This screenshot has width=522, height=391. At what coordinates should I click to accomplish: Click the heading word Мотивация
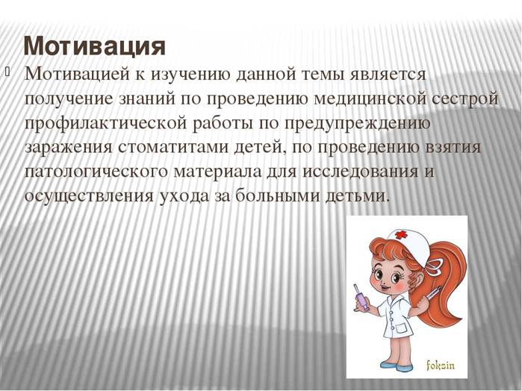coord(95,46)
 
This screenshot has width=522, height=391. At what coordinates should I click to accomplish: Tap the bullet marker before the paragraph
coord(7,71)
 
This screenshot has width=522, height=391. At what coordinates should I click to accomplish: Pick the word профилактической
coord(105,124)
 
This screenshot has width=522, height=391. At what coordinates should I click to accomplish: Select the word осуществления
coord(89,196)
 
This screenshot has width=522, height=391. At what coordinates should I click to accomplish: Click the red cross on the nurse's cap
coord(401,235)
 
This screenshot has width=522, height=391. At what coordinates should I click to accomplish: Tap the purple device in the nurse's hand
coord(361,298)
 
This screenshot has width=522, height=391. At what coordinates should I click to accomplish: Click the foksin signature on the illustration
coord(441,366)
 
